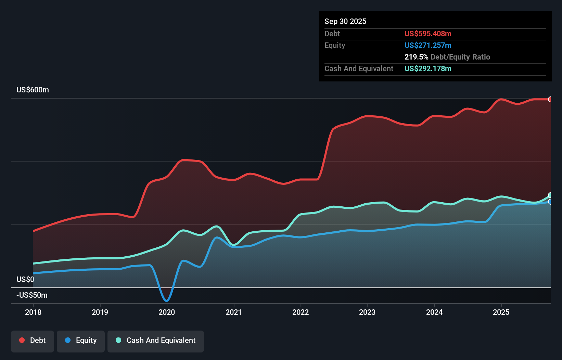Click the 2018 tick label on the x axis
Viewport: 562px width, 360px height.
[x=33, y=312]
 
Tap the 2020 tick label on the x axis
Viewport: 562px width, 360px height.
[x=167, y=312]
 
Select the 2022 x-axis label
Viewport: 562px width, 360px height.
[x=301, y=312]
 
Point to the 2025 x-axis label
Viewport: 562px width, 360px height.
[x=501, y=312]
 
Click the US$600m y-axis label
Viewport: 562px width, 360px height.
[x=33, y=90]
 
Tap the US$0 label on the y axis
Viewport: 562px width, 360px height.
[x=25, y=279]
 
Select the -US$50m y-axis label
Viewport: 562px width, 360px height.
[x=32, y=295]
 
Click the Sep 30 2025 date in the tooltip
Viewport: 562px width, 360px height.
[x=345, y=21]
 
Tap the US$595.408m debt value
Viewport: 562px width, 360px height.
[x=428, y=34]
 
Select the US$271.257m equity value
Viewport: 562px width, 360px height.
[x=428, y=45]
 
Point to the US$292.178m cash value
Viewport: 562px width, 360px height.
[x=428, y=68]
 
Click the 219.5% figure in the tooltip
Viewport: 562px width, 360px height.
[x=416, y=57]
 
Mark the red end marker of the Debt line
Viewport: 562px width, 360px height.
[x=550, y=99]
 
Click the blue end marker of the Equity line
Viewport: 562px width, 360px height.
[x=550, y=202]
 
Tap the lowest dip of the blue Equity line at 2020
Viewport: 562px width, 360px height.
[x=167, y=301]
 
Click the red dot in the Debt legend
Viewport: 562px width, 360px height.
[x=22, y=340]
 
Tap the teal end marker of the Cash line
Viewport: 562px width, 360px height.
[x=550, y=195]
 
